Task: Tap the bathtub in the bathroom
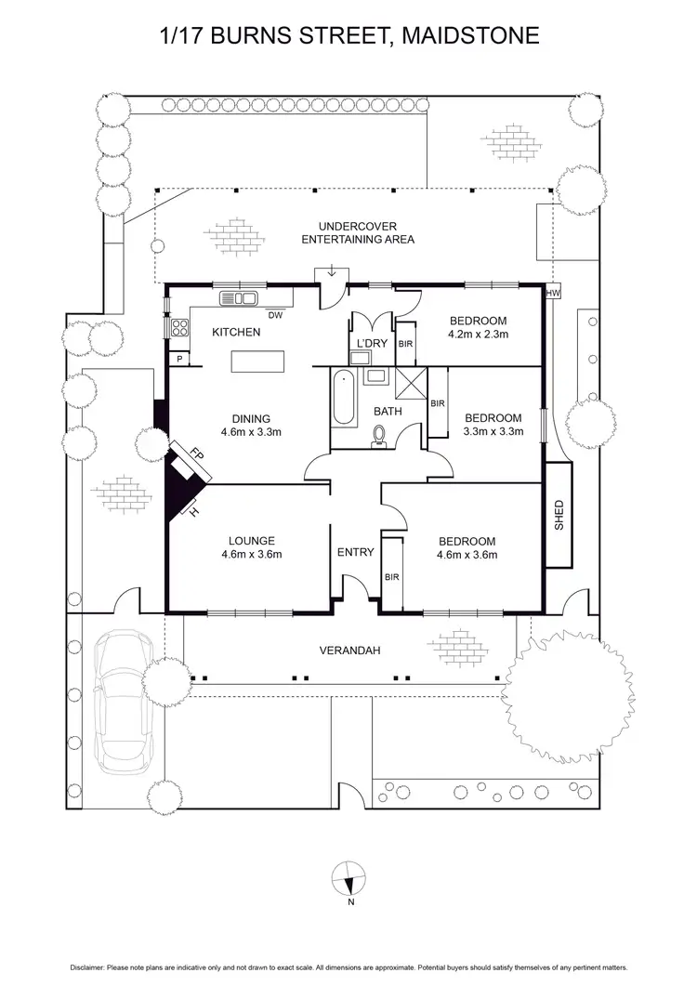pos(341,401)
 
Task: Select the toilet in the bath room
pos(379,435)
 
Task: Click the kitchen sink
pos(239,298)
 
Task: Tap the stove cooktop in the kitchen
pos(178,326)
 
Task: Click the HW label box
pos(555,294)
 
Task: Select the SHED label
pos(559,514)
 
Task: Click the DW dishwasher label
pos(275,315)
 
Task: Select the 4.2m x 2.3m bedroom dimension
pos(479,335)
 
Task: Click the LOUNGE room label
pos(251,542)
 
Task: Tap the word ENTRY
pos(356,552)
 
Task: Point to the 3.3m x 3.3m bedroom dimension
pos(493,431)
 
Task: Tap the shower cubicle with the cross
pos(409,382)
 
